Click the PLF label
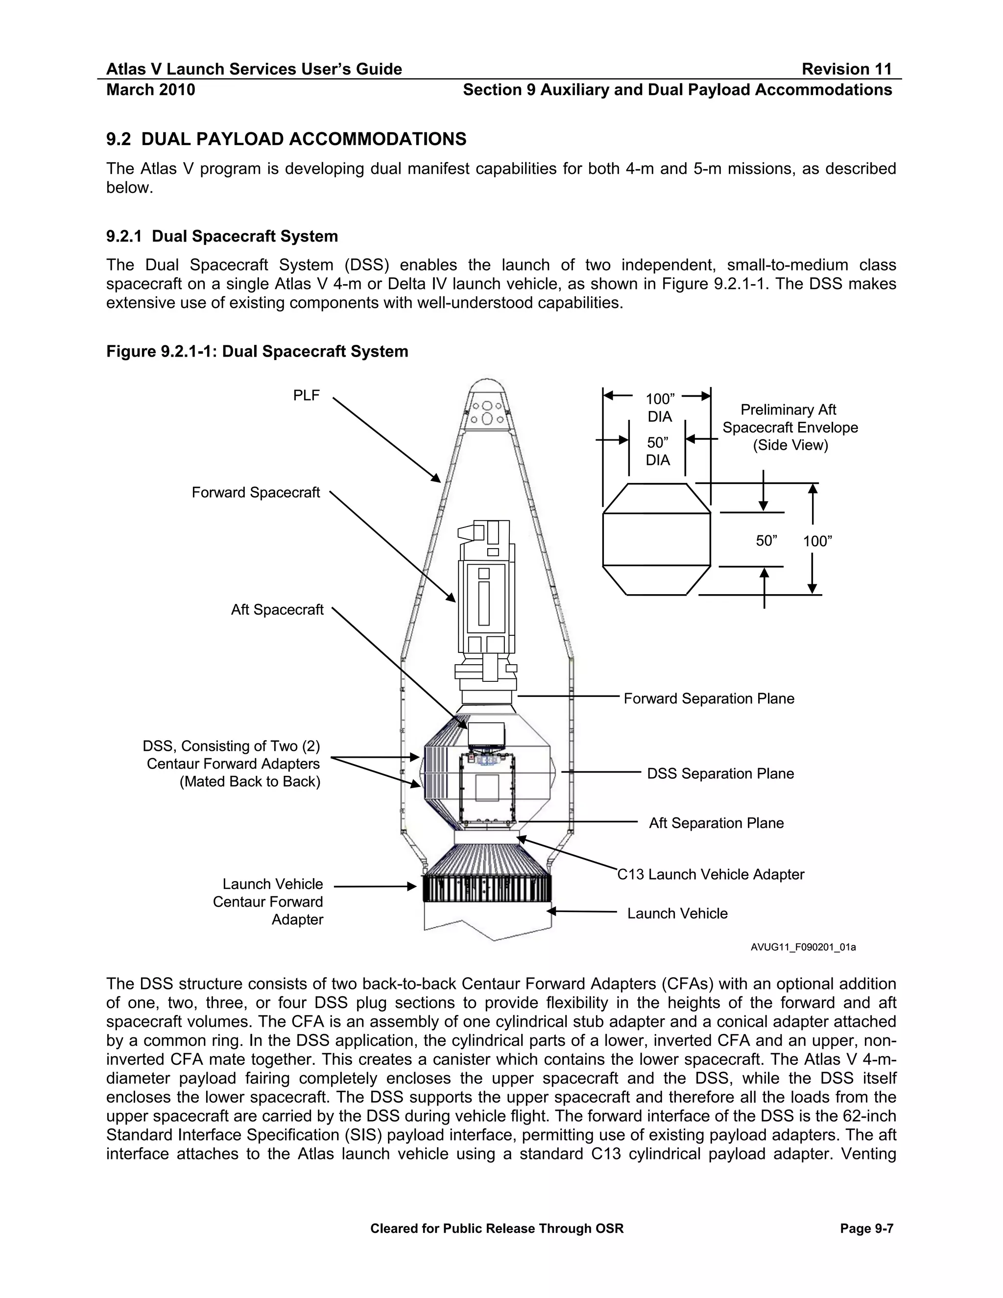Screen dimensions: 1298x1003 [x=306, y=395]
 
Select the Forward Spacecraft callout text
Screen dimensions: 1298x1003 [x=256, y=493]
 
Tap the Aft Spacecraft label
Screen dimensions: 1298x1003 [x=277, y=610]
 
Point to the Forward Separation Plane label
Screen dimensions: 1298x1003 [x=708, y=698]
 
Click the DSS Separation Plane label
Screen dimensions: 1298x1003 [x=720, y=773]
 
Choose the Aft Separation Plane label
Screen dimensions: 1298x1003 [x=716, y=823]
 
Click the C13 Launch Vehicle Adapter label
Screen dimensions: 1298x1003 [x=711, y=874]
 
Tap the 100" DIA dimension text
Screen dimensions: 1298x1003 [x=660, y=407]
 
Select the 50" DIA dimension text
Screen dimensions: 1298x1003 [x=658, y=451]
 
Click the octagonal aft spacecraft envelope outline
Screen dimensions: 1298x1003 [x=657, y=539]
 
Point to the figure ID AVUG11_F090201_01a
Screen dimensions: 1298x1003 [x=803, y=947]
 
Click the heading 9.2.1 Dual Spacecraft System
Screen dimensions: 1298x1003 [x=222, y=237]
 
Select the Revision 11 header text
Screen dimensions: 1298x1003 [x=847, y=70]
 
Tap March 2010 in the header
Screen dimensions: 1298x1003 [x=150, y=90]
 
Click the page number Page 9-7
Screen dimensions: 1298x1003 [x=866, y=1228]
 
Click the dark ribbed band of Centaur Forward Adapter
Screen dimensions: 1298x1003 [x=486, y=889]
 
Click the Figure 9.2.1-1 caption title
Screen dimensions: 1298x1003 [x=257, y=351]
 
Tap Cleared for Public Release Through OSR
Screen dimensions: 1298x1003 [x=497, y=1228]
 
